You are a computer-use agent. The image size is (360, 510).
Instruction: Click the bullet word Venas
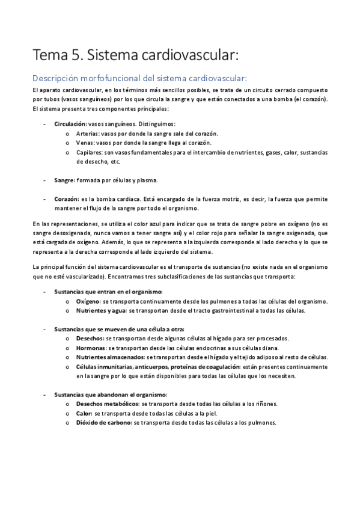(85, 143)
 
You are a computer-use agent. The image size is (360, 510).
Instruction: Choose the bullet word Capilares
(89, 153)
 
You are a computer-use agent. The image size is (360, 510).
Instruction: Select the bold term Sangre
(64, 180)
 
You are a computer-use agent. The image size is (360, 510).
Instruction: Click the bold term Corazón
(66, 198)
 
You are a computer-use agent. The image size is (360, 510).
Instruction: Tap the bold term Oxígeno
(89, 301)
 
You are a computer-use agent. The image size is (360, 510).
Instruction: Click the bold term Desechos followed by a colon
(90, 339)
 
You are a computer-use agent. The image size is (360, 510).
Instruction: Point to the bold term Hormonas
(91, 348)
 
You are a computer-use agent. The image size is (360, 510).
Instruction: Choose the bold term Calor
(85, 413)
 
